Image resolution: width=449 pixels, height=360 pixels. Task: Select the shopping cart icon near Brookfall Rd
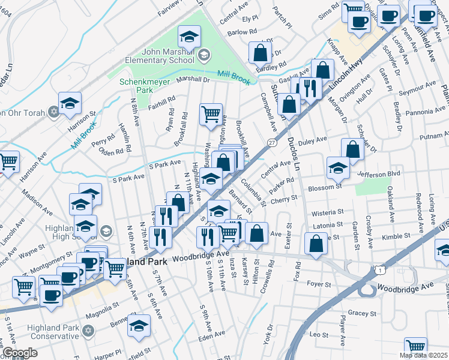(211, 113)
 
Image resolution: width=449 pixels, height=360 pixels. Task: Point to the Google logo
(19, 353)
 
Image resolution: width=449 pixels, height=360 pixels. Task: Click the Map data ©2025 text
(423, 355)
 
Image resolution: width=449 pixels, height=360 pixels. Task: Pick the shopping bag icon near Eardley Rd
(261, 53)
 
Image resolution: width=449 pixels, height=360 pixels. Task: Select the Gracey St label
(361, 313)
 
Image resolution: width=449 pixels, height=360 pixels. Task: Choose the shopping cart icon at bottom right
(415, 346)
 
